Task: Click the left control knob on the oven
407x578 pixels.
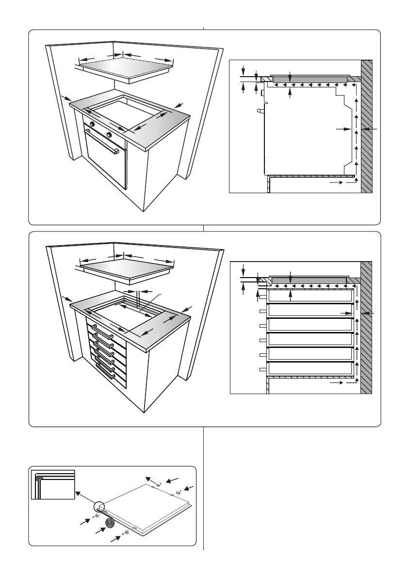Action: pos(91,124)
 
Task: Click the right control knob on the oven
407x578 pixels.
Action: pos(110,134)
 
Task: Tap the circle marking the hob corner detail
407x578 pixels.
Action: pos(98,507)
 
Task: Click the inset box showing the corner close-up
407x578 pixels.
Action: pos(52,484)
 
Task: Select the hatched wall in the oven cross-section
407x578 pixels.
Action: pos(366,126)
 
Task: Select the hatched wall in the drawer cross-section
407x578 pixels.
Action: pos(366,328)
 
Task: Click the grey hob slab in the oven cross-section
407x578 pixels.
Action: pos(309,78)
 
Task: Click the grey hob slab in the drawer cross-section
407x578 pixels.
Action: pos(309,280)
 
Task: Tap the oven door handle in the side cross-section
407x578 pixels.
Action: pos(261,111)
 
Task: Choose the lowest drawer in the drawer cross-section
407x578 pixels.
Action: pos(309,368)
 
